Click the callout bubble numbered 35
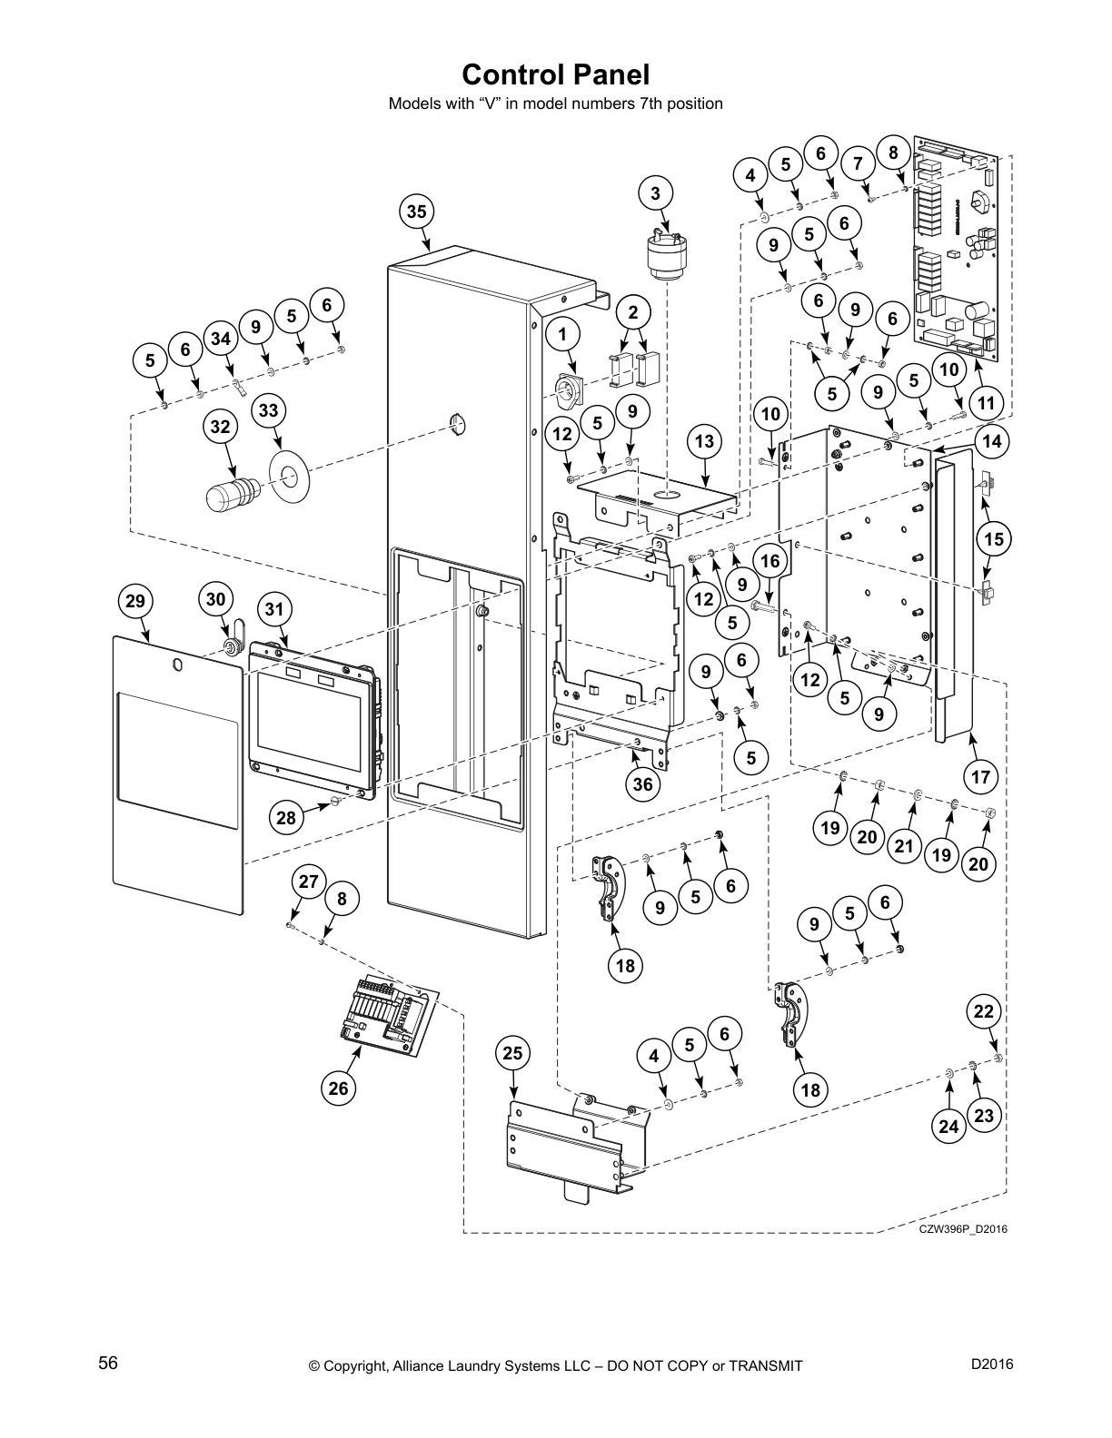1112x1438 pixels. coord(416,212)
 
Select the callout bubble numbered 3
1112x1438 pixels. coord(656,192)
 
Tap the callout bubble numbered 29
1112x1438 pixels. coord(135,600)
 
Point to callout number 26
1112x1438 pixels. coord(338,1088)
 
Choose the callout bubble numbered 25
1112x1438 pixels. coord(513,1053)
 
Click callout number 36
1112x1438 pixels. coord(642,783)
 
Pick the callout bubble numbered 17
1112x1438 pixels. coord(980,776)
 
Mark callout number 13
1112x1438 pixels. coord(704,442)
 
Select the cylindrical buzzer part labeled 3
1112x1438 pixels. coord(668,256)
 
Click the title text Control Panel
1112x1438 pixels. coord(555,73)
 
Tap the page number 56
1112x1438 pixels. coord(107,1364)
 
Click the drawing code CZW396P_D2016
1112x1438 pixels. coord(962,1229)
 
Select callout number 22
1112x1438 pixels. coord(985,1011)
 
